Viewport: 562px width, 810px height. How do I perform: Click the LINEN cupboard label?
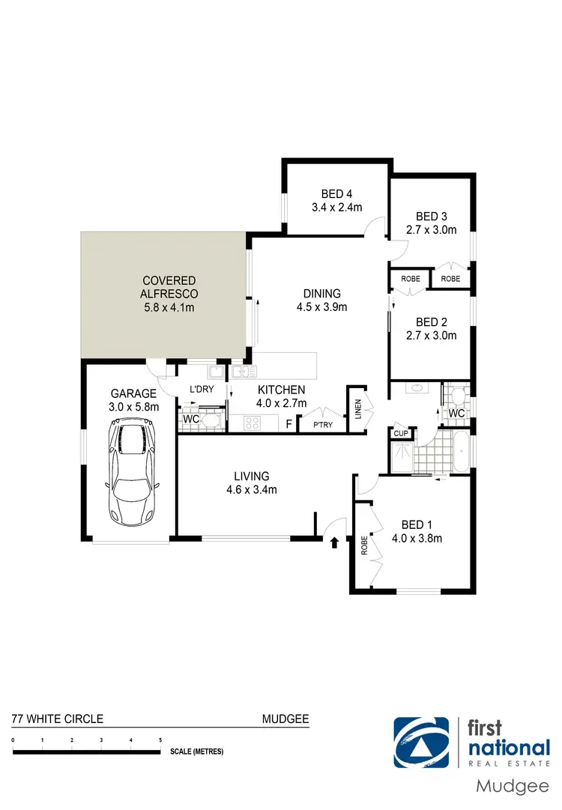(x=357, y=410)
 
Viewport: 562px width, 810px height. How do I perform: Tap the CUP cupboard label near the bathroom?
(x=400, y=433)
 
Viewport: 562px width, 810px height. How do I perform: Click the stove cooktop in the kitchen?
(x=250, y=424)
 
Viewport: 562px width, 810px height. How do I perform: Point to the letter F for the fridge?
(x=289, y=424)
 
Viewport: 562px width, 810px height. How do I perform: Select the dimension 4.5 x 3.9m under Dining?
(x=321, y=306)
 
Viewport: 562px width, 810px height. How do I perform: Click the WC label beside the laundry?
(x=191, y=420)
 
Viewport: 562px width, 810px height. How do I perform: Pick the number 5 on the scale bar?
(x=160, y=740)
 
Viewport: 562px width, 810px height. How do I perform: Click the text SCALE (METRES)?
(x=196, y=751)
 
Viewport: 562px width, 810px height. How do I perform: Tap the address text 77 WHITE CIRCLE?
(x=57, y=719)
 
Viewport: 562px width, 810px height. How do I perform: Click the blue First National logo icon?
(x=423, y=743)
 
